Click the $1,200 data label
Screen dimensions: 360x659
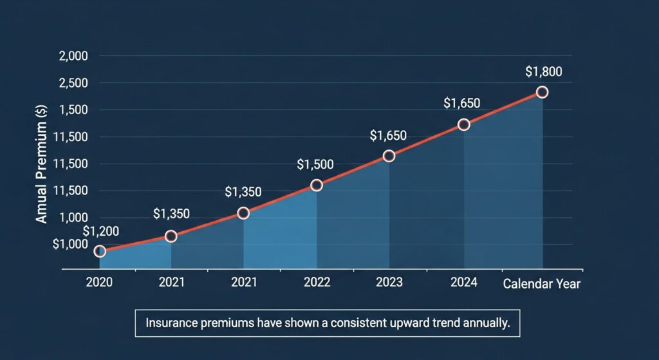(101, 232)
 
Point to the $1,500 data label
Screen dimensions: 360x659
(315, 164)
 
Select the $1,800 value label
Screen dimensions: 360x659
(544, 71)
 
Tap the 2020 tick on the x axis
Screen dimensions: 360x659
(99, 283)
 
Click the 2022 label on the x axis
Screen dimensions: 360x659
(317, 283)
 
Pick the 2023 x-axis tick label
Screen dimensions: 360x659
(389, 283)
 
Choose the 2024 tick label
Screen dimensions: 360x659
(464, 283)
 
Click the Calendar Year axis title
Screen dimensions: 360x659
(541, 283)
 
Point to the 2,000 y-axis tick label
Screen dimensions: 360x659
(73, 56)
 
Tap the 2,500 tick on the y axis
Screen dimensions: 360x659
(73, 83)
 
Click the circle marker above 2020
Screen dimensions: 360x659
(100, 251)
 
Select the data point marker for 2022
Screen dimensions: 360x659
(317, 185)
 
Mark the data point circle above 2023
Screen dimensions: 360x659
(389, 156)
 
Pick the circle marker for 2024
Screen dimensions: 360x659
(463, 124)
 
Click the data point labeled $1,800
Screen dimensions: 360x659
(542, 92)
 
